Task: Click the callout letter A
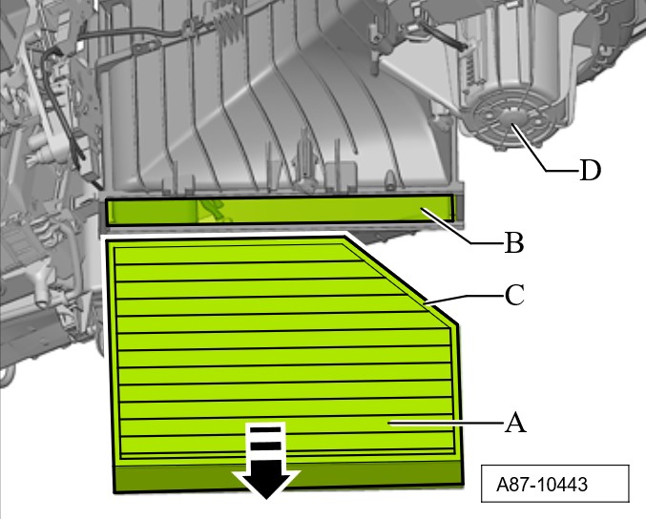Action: tap(515, 423)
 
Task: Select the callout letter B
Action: tap(514, 242)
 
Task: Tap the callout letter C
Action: tap(514, 295)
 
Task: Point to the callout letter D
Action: tap(591, 170)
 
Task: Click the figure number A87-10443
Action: tap(542, 485)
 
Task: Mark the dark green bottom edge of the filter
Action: tap(288, 476)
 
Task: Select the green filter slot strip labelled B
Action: tap(281, 210)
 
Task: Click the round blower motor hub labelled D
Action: tap(511, 116)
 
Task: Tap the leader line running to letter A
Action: tap(446, 423)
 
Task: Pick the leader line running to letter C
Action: tap(465, 300)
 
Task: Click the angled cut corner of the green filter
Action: tap(402, 280)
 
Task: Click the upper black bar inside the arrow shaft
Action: tap(265, 430)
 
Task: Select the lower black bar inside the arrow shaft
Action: tap(265, 446)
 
